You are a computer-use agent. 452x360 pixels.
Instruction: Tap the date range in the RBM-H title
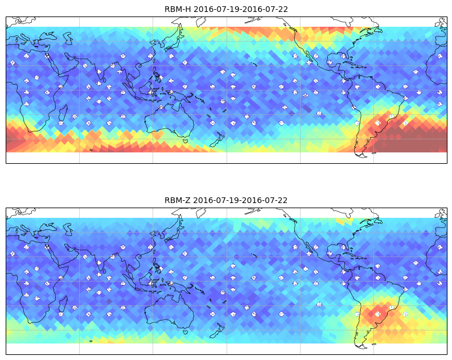point(241,9)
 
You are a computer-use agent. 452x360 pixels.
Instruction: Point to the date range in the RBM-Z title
point(240,200)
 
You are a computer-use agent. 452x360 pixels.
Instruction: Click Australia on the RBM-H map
point(170,121)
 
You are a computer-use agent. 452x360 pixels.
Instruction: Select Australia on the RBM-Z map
point(170,312)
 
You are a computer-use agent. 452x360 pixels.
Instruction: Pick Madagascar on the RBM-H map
point(63,113)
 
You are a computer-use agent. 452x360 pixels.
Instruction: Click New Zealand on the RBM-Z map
point(217,331)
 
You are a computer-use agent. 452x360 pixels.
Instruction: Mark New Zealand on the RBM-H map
point(217,140)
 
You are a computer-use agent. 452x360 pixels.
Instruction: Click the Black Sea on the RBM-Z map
point(48,227)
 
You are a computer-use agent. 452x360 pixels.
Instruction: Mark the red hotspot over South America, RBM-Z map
point(377,312)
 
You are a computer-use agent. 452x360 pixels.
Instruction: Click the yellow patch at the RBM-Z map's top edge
point(344,221)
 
